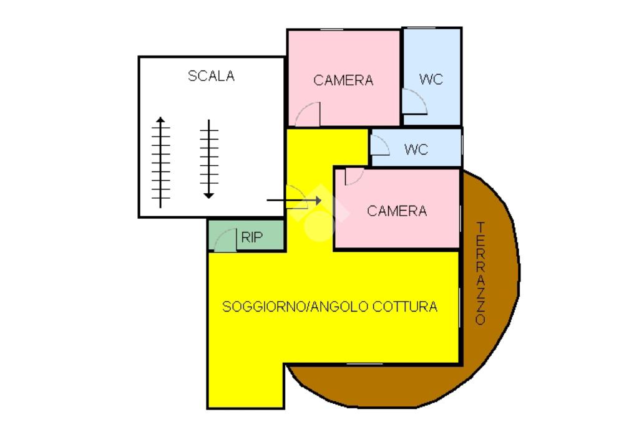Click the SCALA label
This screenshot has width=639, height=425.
tap(211, 76)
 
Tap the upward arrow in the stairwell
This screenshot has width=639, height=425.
tap(161, 162)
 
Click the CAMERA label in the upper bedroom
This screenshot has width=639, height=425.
tap(343, 80)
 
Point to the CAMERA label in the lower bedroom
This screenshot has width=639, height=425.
tap(397, 211)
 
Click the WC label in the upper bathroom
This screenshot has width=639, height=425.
tap(431, 79)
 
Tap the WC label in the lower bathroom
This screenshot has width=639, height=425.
tap(416, 150)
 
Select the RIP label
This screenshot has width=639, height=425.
tap(252, 237)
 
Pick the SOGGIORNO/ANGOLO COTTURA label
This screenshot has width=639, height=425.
tap(330, 307)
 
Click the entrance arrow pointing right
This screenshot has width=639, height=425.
tap(293, 200)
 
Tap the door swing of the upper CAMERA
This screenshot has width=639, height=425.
tap(308, 115)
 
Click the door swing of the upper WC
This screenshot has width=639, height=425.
tap(413, 101)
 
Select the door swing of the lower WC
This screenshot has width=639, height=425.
tap(380, 146)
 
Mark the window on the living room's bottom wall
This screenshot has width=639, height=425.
tap(364, 363)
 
